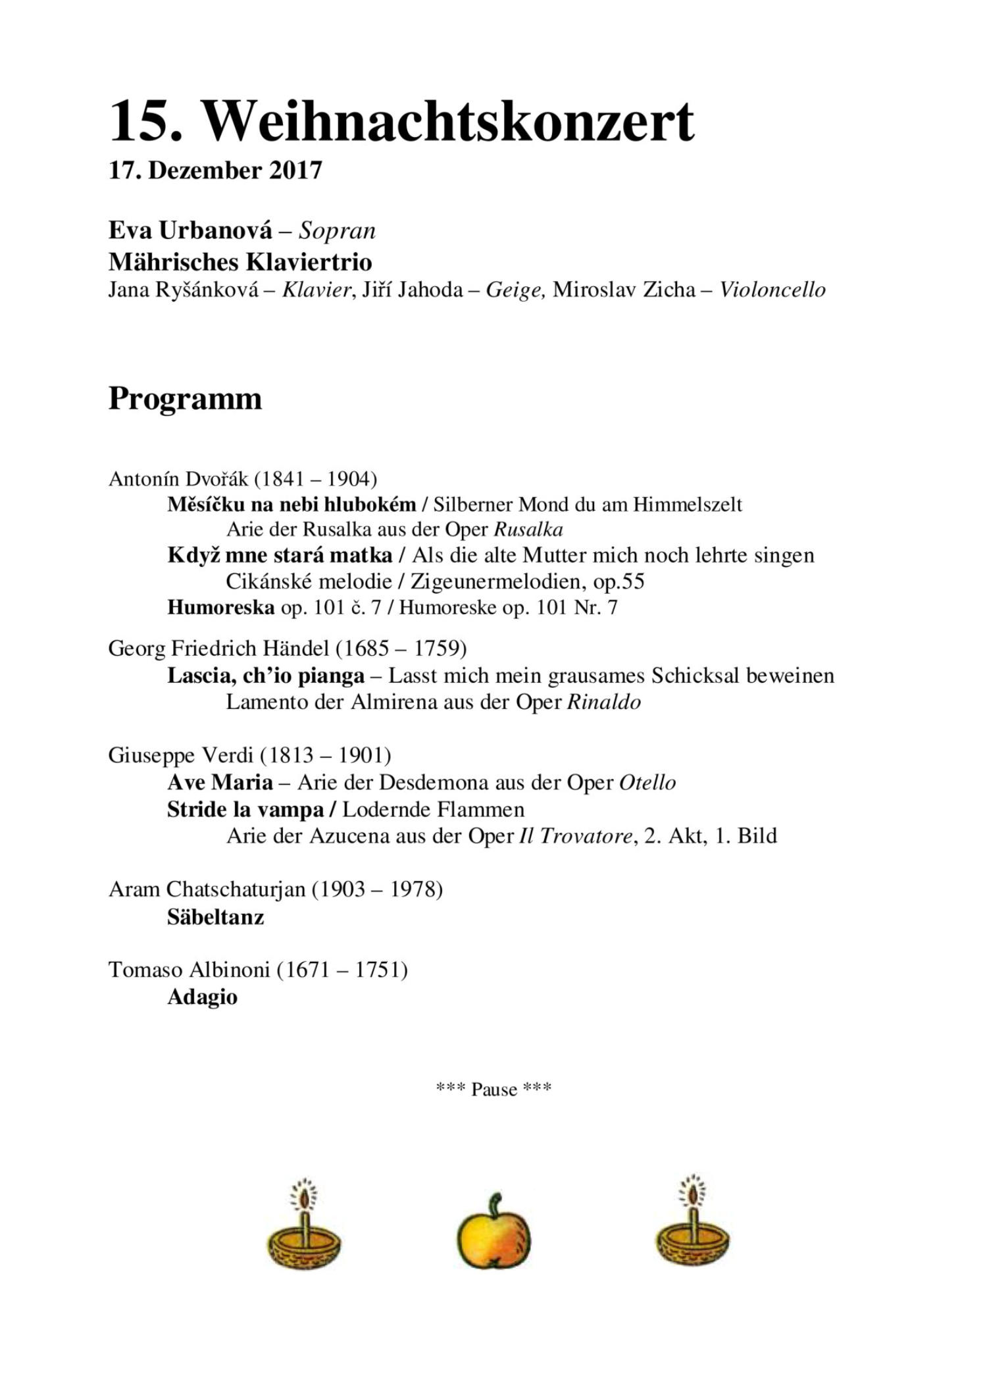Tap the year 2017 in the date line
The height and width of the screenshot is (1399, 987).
tap(295, 171)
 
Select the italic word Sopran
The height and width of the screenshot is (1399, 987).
tap(337, 231)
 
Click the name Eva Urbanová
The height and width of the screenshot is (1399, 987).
tap(190, 231)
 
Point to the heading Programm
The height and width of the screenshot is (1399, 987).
tap(185, 399)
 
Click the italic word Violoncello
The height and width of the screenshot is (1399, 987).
tap(772, 290)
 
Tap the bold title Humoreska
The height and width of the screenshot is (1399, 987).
tap(220, 607)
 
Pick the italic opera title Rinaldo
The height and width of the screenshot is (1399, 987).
tap(603, 702)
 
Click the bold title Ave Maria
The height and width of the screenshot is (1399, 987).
tap(220, 783)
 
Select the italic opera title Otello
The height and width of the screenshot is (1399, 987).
tap(647, 783)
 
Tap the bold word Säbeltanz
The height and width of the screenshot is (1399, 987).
tap(215, 917)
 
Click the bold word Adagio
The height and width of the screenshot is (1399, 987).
tap(202, 997)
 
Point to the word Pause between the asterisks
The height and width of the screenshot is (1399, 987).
tap(493, 1090)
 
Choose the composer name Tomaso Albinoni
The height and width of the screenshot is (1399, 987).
tap(189, 970)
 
